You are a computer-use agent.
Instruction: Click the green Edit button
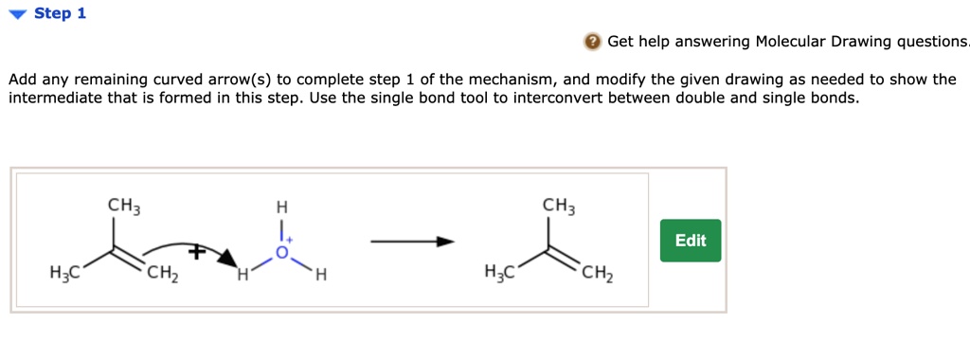690,241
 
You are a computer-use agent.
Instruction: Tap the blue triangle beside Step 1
17,14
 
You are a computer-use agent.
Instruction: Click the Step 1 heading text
60,14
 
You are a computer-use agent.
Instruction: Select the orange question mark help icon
592,42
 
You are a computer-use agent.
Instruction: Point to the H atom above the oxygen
280,207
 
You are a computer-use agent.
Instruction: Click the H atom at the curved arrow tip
242,277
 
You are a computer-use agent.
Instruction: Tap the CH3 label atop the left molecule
123,205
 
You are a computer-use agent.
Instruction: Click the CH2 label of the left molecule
161,277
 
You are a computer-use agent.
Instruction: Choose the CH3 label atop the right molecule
559,205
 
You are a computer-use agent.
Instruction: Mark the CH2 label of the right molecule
597,277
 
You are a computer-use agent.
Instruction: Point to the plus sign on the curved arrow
196,253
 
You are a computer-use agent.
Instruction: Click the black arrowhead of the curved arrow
225,259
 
